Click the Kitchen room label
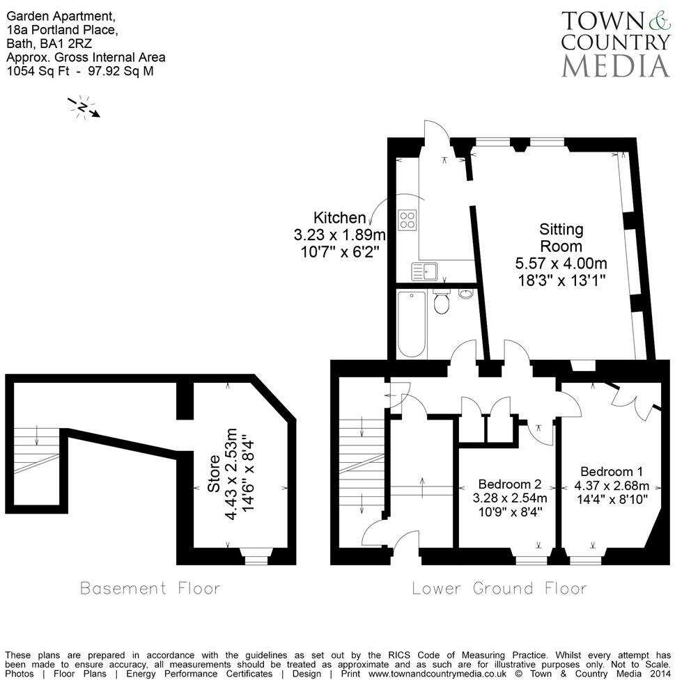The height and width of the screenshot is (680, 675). tap(339, 218)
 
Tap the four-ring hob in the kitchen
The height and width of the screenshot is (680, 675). tap(408, 221)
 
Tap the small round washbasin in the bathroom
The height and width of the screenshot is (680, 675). tap(466, 294)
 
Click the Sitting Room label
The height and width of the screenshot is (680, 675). tap(561, 237)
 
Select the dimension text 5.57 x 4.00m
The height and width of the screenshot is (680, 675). tap(561, 264)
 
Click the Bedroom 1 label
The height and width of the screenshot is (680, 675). tap(607, 471)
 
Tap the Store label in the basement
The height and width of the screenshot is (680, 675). tap(215, 473)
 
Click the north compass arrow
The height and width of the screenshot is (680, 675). tap(84, 107)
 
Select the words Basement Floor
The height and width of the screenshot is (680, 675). tap(150, 588)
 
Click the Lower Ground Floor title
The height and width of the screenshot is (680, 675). tap(499, 588)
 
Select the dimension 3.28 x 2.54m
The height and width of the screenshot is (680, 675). tap(509, 498)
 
